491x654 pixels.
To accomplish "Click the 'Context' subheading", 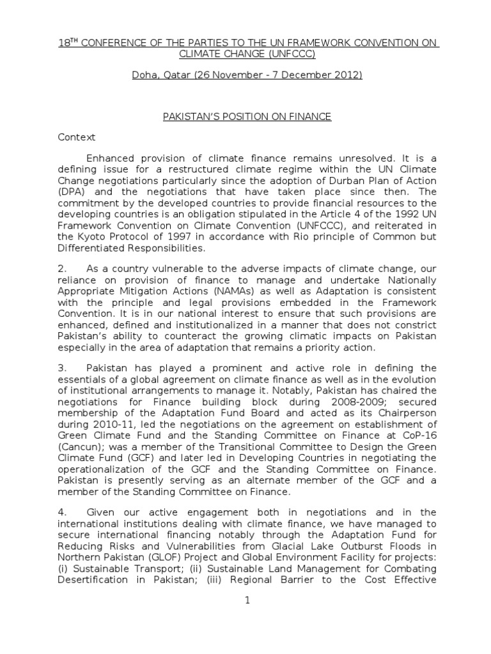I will tap(77, 137).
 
